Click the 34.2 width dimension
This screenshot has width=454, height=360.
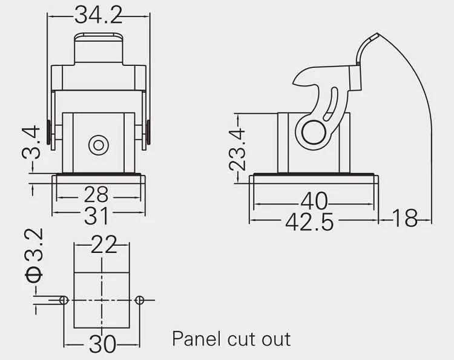[x=99, y=15]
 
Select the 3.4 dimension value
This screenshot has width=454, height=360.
[x=31, y=142]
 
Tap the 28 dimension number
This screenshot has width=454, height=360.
[x=96, y=194]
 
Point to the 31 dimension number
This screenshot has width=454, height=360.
[x=96, y=215]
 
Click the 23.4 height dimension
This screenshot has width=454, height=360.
[x=237, y=150]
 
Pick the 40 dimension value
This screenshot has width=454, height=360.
[x=314, y=201]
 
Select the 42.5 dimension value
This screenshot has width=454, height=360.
[x=309, y=222]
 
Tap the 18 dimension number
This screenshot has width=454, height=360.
[x=405, y=218]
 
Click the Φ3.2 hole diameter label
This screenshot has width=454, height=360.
[x=35, y=255]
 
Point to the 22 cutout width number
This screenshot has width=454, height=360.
[x=104, y=244]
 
